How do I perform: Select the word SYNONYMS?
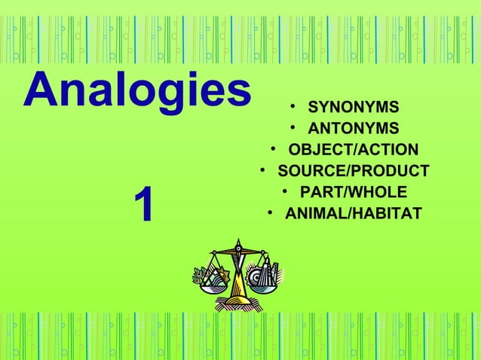pyautogui.click(x=354, y=105)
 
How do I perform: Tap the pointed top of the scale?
pyautogui.click(x=238, y=242)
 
